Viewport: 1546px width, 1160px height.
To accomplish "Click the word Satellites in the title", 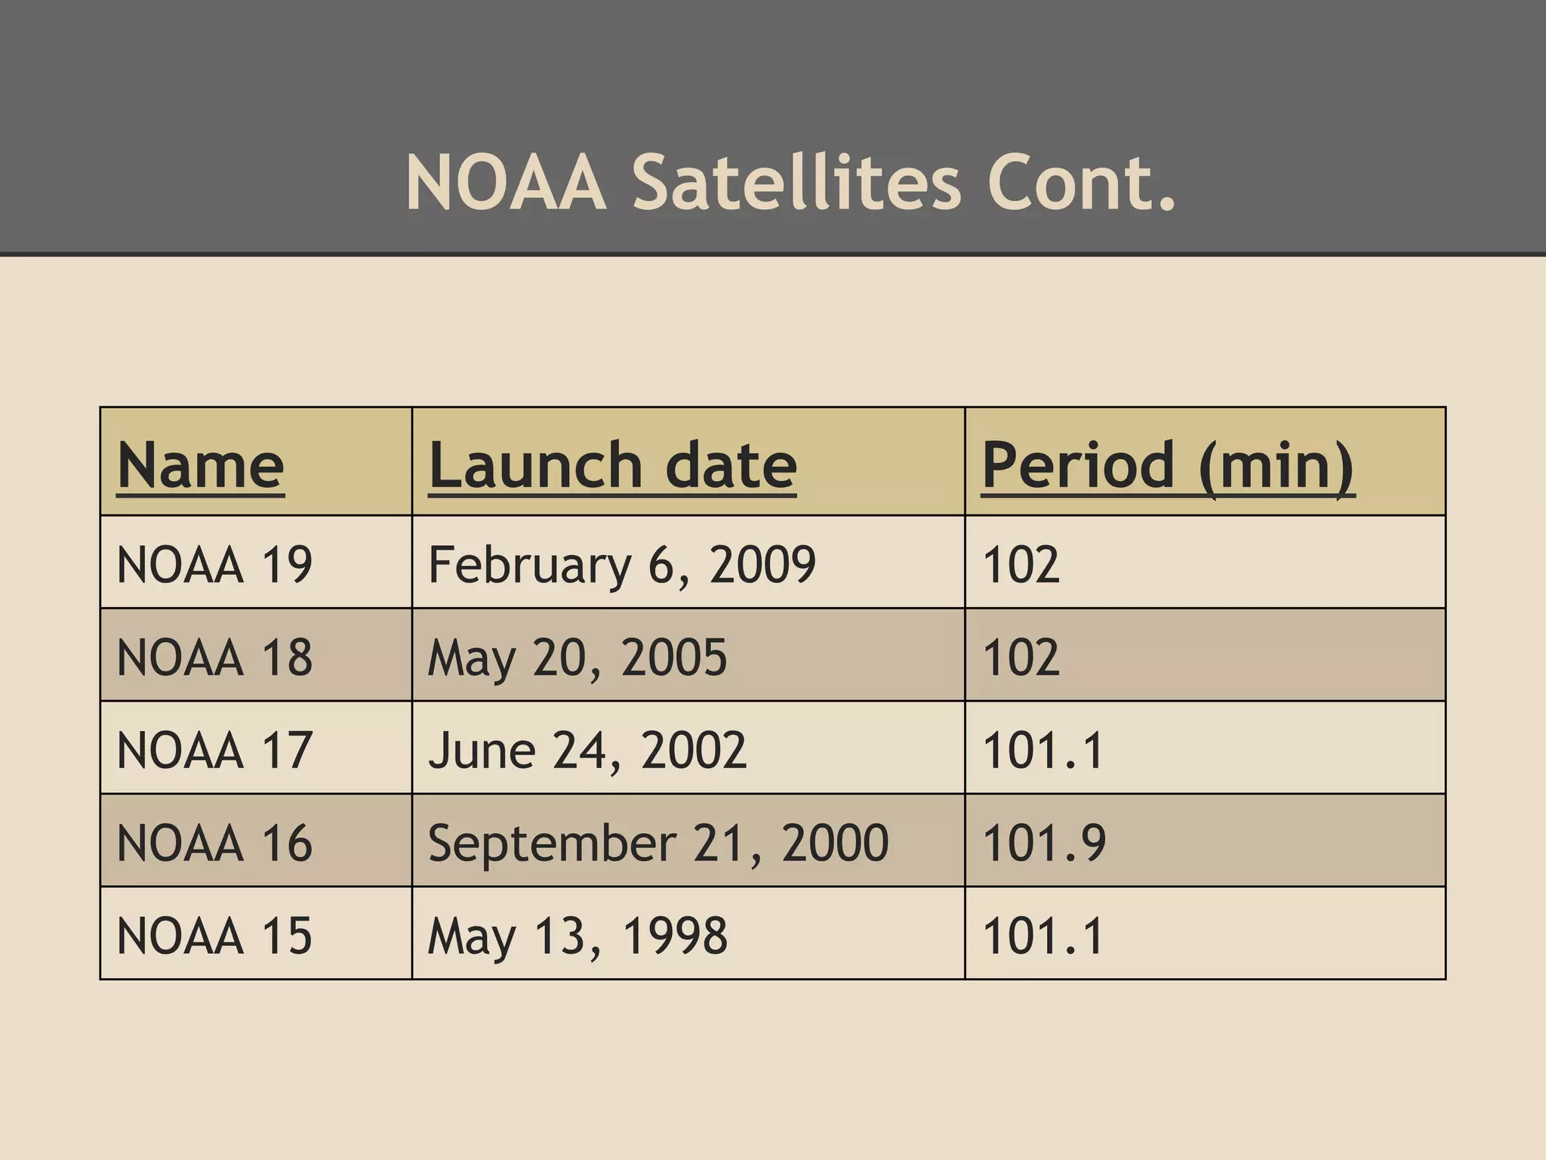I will pyautogui.click(x=796, y=183).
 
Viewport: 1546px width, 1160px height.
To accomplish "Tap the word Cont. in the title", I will pyautogui.click(x=1081, y=183).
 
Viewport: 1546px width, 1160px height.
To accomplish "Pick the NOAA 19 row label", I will pyautogui.click(x=214, y=564).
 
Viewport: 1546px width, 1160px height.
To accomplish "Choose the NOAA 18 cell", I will pyautogui.click(x=214, y=657).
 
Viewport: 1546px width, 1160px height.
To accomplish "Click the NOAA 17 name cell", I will pyautogui.click(x=214, y=750).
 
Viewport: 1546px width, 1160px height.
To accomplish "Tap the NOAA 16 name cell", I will pyautogui.click(x=214, y=843).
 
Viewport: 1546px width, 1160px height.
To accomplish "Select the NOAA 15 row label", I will pyautogui.click(x=214, y=936).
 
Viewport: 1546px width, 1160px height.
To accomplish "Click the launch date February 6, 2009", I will pyautogui.click(x=621, y=565).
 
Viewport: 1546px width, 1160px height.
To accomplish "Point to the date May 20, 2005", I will pyautogui.click(x=577, y=657).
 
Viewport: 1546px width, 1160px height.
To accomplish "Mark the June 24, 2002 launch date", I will pyautogui.click(x=587, y=750).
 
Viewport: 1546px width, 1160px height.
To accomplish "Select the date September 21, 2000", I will pyautogui.click(x=658, y=843).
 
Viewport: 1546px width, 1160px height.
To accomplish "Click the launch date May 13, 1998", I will pyautogui.click(x=577, y=936).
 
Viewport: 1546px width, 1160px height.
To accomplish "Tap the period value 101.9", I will pyautogui.click(x=1043, y=843).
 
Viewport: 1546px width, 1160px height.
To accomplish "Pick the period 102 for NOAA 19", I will pyautogui.click(x=1021, y=564).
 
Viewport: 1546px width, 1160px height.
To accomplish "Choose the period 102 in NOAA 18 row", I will pyautogui.click(x=1021, y=657).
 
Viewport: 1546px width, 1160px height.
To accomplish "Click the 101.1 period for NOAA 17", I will pyautogui.click(x=1042, y=750).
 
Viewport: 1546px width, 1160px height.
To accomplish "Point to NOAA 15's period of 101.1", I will pyautogui.click(x=1042, y=936).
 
